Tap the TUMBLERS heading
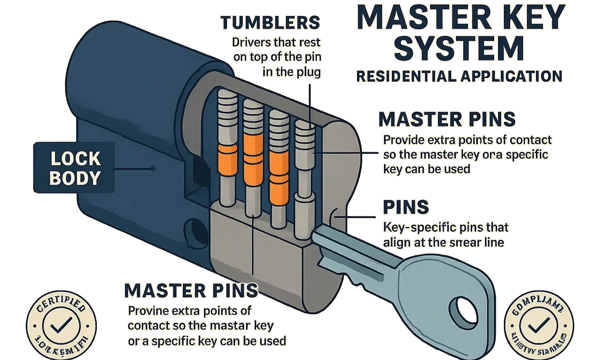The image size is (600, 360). tap(270, 23)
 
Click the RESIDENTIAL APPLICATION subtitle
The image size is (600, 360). tap(459, 76)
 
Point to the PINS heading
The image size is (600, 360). tap(406, 207)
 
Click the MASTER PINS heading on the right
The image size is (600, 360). tap(447, 120)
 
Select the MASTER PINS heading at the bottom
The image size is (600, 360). tap(191, 290)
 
